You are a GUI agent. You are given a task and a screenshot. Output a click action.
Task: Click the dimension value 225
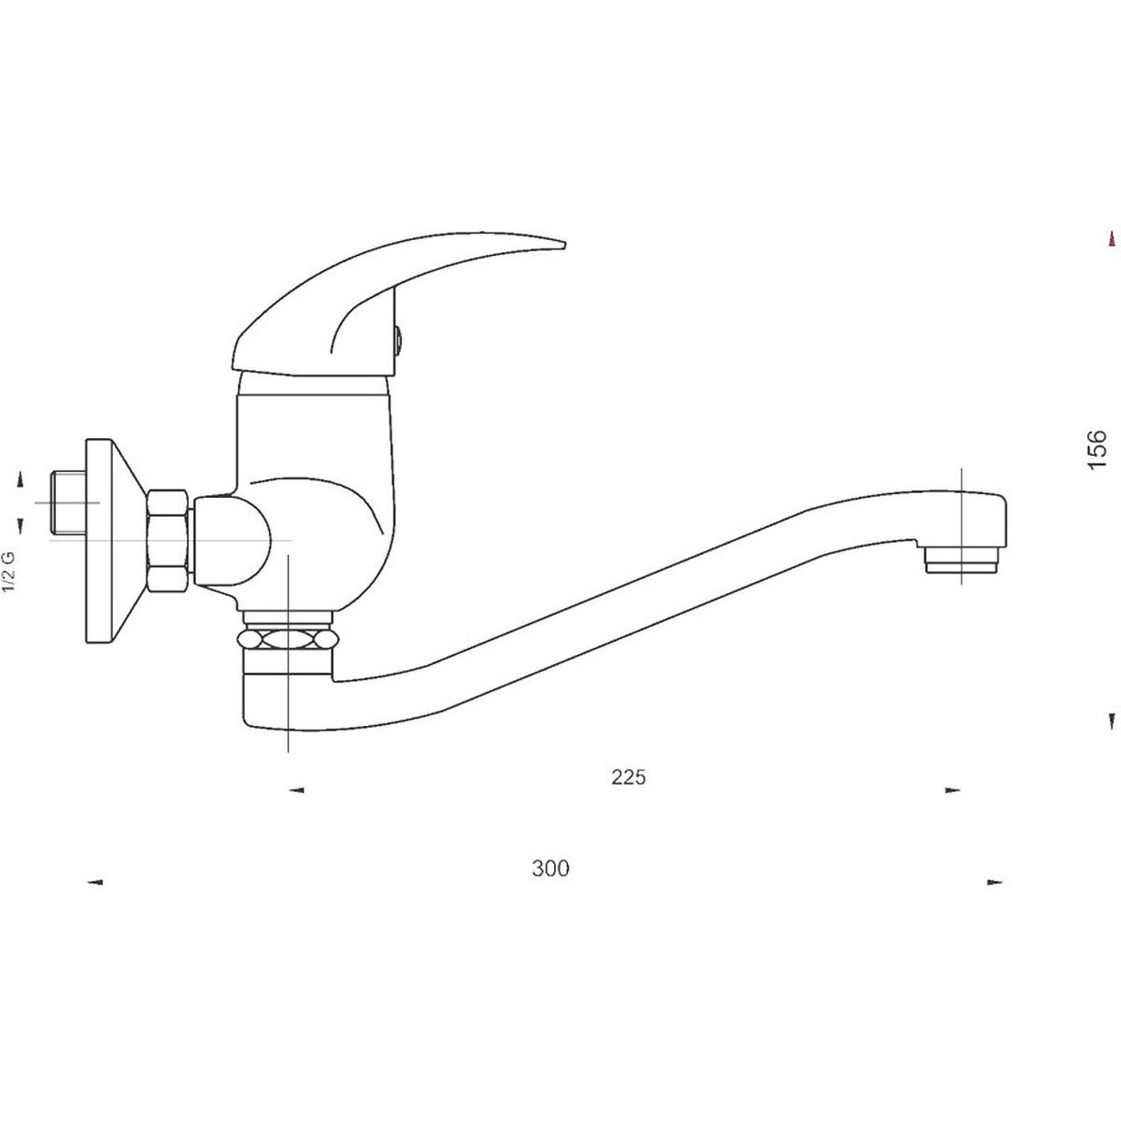tap(629, 777)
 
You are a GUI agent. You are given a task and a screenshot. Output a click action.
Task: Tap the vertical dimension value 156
tap(1097, 449)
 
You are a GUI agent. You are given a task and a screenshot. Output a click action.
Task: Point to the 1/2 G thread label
tap(9, 572)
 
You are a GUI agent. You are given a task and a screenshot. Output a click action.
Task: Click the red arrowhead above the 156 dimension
tap(1112, 239)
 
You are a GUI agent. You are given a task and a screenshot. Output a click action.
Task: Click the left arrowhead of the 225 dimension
tap(297, 790)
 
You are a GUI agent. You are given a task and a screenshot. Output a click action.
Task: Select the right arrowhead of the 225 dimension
tap(952, 790)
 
